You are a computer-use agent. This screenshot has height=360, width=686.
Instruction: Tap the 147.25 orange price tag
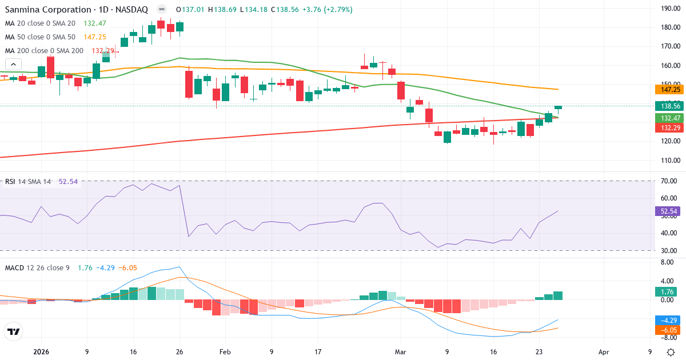click(x=668, y=89)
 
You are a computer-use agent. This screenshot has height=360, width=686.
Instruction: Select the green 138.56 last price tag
click(x=668, y=106)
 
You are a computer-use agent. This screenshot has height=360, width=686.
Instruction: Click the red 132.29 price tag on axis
click(x=668, y=127)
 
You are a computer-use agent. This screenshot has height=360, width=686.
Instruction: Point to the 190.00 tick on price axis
click(x=669, y=9)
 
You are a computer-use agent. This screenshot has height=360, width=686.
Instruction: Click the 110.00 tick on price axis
click(x=669, y=161)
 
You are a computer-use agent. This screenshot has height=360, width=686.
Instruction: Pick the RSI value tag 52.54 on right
click(x=668, y=211)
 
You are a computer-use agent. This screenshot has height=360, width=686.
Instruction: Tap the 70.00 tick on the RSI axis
click(x=669, y=181)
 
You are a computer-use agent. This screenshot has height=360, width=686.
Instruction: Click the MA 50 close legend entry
click(x=40, y=37)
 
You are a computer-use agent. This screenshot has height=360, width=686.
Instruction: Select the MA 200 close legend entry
click(x=44, y=50)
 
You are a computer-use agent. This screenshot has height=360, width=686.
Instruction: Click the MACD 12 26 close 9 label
click(x=37, y=267)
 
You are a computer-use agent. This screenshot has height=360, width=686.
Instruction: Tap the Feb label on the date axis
click(x=224, y=352)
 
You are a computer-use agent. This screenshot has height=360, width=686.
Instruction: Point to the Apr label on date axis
click(x=604, y=352)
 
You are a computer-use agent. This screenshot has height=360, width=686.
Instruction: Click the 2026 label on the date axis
click(x=42, y=352)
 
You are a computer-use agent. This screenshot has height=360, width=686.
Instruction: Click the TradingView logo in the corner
click(x=14, y=331)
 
